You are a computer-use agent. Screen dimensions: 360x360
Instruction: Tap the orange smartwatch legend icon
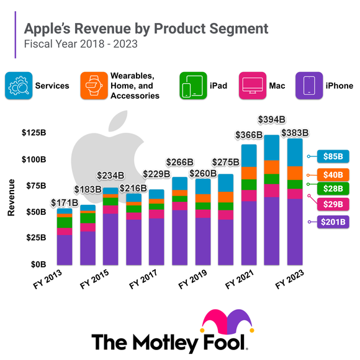click(x=92, y=86)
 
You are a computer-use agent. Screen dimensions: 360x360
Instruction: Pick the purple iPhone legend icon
click(x=312, y=86)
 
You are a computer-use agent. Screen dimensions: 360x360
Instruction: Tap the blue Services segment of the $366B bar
click(x=249, y=155)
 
